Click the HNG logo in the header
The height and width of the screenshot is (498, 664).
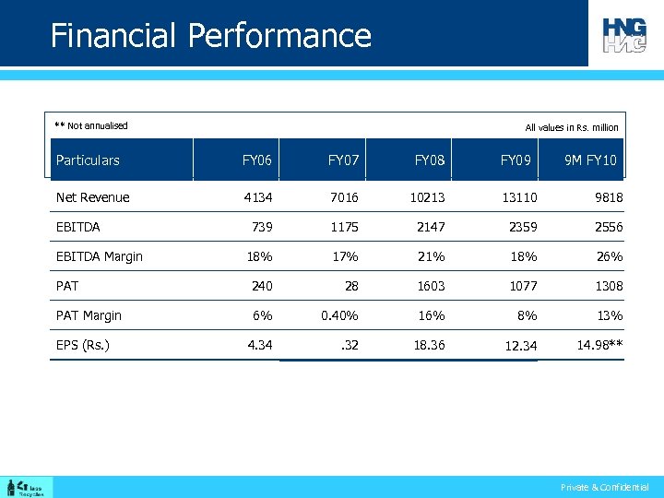[625, 34]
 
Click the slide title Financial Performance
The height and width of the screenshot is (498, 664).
[210, 36]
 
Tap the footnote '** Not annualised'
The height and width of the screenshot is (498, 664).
[91, 125]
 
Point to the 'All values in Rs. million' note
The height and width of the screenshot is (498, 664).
[572, 128]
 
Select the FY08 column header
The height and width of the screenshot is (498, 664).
[429, 160]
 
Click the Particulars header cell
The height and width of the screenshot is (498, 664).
[88, 160]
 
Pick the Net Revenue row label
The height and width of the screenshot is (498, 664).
[92, 197]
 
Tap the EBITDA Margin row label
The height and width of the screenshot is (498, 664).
[99, 256]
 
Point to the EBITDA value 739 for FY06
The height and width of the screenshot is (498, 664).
[261, 227]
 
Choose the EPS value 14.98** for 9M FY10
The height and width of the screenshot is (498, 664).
[599, 346]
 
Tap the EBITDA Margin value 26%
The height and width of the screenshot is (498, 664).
[609, 256]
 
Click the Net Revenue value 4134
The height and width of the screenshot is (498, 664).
[257, 197]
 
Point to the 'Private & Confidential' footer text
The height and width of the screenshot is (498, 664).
[605, 487]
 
